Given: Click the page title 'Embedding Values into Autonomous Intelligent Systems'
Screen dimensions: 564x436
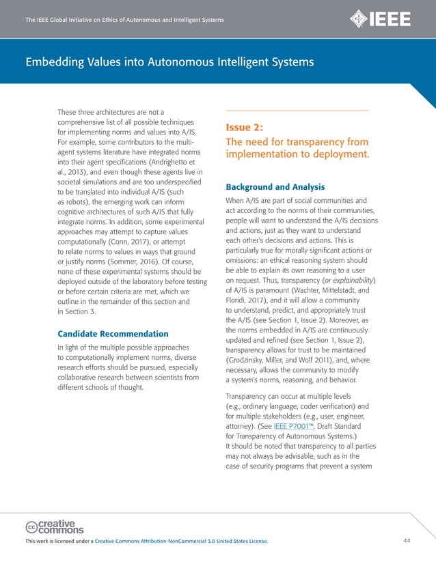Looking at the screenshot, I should pos(169,63).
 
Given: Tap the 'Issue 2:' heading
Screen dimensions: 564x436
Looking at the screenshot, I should pos(245,127).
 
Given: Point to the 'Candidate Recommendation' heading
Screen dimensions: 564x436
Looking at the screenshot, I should pos(113,334).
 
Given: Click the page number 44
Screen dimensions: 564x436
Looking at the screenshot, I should pos(407,541).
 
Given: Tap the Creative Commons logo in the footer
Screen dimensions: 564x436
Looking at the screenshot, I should pos(54,526).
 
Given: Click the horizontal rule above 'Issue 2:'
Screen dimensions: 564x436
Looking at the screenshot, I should pos(297,111).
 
